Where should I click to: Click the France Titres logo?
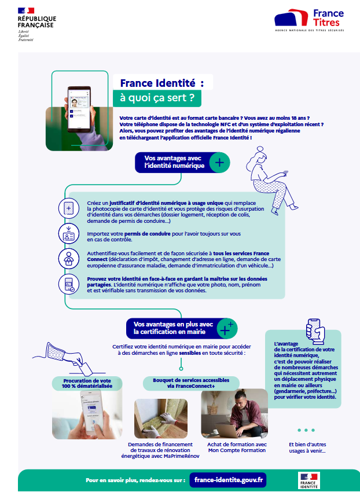pos(309,20)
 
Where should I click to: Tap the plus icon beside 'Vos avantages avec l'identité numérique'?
pos(219,163)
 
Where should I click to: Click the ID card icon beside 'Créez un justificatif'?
pos(69,208)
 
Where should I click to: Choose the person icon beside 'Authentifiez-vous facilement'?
pos(69,258)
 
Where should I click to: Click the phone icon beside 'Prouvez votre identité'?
pos(69,284)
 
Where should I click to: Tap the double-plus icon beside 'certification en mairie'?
pos(225,328)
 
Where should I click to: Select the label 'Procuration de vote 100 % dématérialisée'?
pos(87,383)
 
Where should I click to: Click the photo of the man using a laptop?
pos(234,413)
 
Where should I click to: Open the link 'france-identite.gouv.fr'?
pos(229,480)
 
